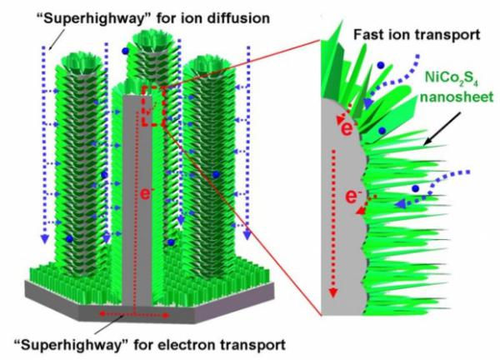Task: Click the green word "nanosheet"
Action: click(x=457, y=97)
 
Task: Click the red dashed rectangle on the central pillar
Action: click(x=153, y=106)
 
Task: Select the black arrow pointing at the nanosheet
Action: click(x=442, y=128)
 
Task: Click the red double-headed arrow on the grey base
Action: click(x=134, y=315)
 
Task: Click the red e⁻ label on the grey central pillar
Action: click(x=145, y=193)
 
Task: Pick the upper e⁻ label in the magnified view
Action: click(x=347, y=128)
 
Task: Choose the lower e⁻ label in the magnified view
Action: click(x=352, y=197)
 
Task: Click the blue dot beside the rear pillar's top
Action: click(x=126, y=51)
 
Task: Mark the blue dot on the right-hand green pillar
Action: click(x=216, y=174)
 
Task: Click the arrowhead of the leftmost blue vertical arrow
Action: click(x=45, y=238)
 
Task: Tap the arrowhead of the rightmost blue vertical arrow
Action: click(x=247, y=235)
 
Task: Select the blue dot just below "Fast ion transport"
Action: click(x=380, y=65)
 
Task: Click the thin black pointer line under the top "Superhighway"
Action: click(x=57, y=39)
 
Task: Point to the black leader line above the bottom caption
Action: click(x=109, y=325)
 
